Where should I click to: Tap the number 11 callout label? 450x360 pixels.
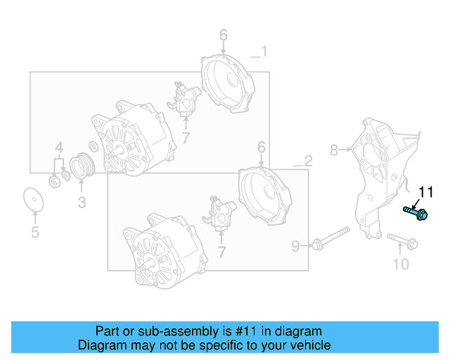[427, 192]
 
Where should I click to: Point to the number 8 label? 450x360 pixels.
[334, 149]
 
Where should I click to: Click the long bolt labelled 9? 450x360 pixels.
[330, 237]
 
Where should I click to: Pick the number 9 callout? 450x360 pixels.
[296, 245]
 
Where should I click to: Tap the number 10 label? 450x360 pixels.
[400, 264]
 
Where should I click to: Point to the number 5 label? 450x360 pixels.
[34, 233]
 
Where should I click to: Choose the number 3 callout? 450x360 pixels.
[82, 203]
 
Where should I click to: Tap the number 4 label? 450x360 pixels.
[60, 148]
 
